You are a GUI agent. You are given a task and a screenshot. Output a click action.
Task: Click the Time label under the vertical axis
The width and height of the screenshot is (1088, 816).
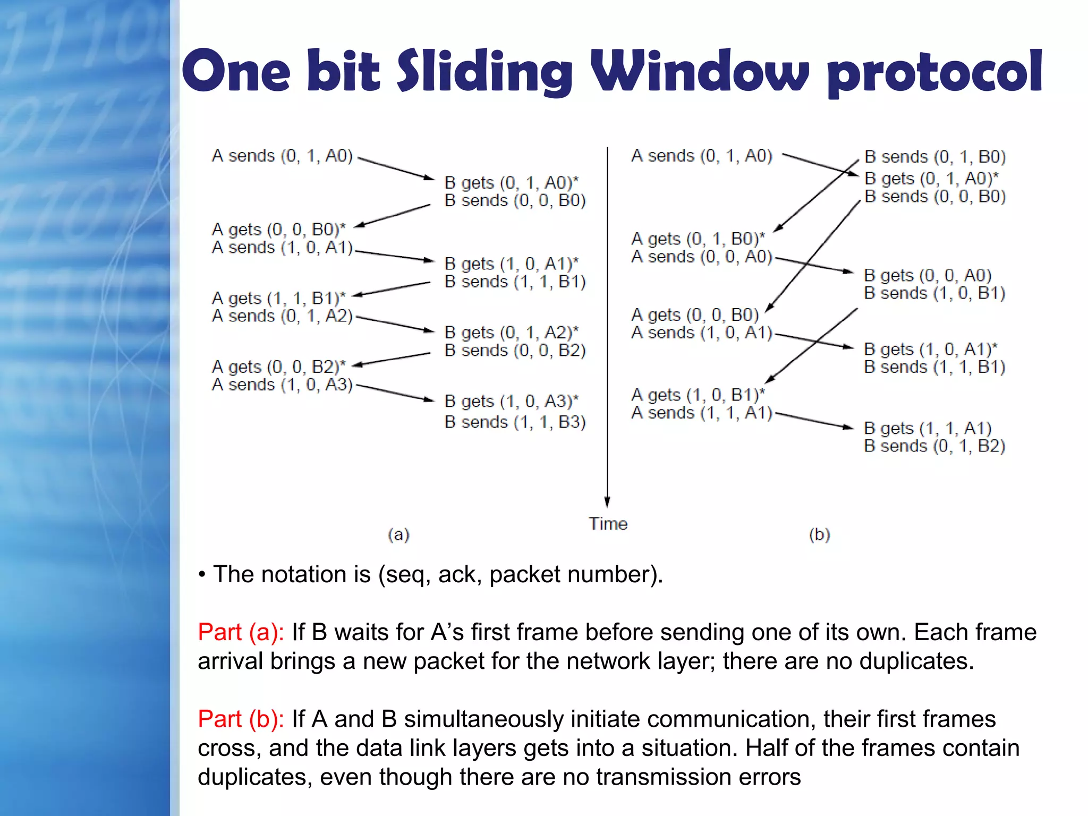click(x=608, y=524)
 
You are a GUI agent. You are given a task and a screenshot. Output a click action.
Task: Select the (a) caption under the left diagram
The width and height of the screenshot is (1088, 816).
click(x=398, y=534)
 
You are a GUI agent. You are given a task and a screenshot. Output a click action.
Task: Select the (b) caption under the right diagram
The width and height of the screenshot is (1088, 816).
click(x=819, y=534)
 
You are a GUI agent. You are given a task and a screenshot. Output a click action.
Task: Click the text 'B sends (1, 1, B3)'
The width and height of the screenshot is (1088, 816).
click(x=515, y=422)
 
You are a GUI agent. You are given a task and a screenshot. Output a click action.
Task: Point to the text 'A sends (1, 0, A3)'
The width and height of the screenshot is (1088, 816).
click(x=282, y=385)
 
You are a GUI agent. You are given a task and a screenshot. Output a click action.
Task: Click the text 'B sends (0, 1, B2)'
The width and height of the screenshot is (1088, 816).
click(x=934, y=446)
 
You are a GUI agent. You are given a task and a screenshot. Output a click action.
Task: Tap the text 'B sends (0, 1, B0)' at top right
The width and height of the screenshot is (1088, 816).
click(x=935, y=157)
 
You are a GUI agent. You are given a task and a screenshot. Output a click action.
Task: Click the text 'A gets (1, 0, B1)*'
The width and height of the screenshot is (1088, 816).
click(x=698, y=395)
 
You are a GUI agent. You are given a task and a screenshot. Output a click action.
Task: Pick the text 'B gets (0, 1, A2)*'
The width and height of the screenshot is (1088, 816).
click(x=511, y=333)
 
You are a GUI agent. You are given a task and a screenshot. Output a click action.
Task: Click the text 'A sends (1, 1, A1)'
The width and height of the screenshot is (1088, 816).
click(x=701, y=413)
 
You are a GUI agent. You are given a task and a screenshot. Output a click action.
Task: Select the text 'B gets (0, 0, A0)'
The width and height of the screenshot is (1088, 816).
click(x=928, y=275)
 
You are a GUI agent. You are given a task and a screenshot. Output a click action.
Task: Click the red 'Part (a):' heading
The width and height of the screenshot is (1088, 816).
click(x=241, y=632)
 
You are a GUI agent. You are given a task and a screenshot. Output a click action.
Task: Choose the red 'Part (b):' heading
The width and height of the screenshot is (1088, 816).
click(x=241, y=719)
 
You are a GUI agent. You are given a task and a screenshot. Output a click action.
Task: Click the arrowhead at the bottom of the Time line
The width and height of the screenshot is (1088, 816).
click(x=607, y=501)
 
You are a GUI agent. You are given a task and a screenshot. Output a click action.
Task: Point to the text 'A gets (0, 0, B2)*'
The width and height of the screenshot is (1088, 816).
click(x=278, y=367)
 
